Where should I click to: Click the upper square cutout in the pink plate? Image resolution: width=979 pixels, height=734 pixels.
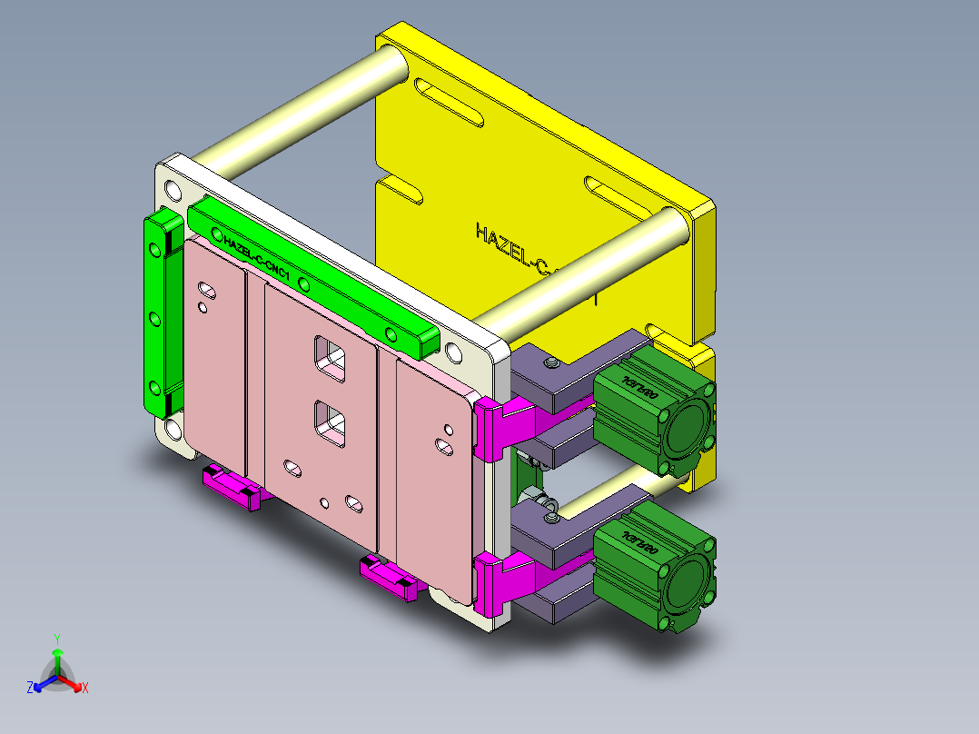pos(329,357)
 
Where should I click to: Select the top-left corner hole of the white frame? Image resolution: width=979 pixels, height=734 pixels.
pos(173,189)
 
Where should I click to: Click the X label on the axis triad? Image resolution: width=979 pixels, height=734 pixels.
pos(85,689)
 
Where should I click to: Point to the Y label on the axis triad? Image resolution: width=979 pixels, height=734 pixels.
pos(56,639)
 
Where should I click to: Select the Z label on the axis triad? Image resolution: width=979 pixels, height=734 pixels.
pos(30,689)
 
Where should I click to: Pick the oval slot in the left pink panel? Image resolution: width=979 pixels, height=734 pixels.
pos(208,291)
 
